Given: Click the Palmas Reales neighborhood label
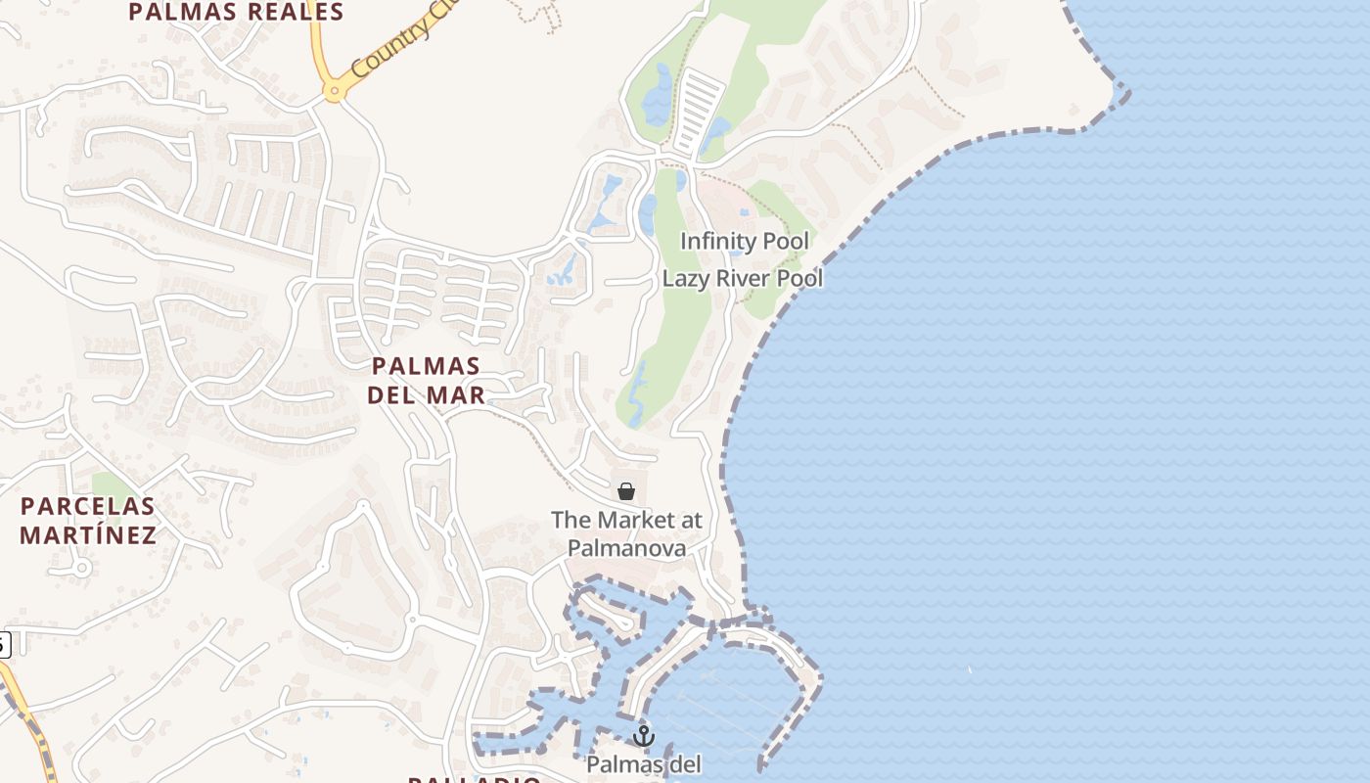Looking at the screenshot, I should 236,13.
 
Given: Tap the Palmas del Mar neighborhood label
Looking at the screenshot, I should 426,381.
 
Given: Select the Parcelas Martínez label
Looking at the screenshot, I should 88,521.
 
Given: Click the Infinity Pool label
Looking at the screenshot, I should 745,241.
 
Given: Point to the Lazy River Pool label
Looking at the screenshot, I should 742,278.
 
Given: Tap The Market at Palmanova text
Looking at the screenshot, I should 626,533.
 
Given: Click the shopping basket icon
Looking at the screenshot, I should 626,491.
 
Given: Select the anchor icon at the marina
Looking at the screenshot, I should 643,735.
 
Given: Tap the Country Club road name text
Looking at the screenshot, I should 390,44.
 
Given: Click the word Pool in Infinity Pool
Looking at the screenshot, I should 787,241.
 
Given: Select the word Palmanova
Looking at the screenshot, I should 626,548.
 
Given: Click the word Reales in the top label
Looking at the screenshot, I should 295,13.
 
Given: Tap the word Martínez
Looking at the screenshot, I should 88,535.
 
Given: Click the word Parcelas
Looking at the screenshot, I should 88,506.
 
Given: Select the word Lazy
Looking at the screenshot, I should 684,278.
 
